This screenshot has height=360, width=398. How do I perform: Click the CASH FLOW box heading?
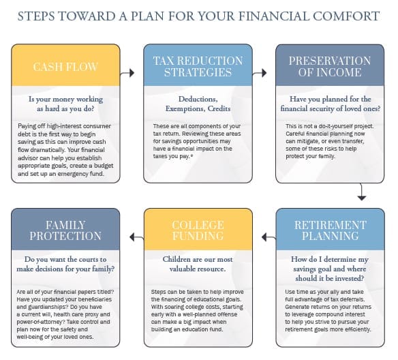[x=65, y=67]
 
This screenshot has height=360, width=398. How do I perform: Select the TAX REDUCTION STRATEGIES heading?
[x=198, y=66]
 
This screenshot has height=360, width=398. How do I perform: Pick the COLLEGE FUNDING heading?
[x=198, y=231]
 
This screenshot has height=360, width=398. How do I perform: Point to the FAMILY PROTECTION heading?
[x=65, y=231]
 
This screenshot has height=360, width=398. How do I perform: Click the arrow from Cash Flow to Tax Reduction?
[x=131, y=71]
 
